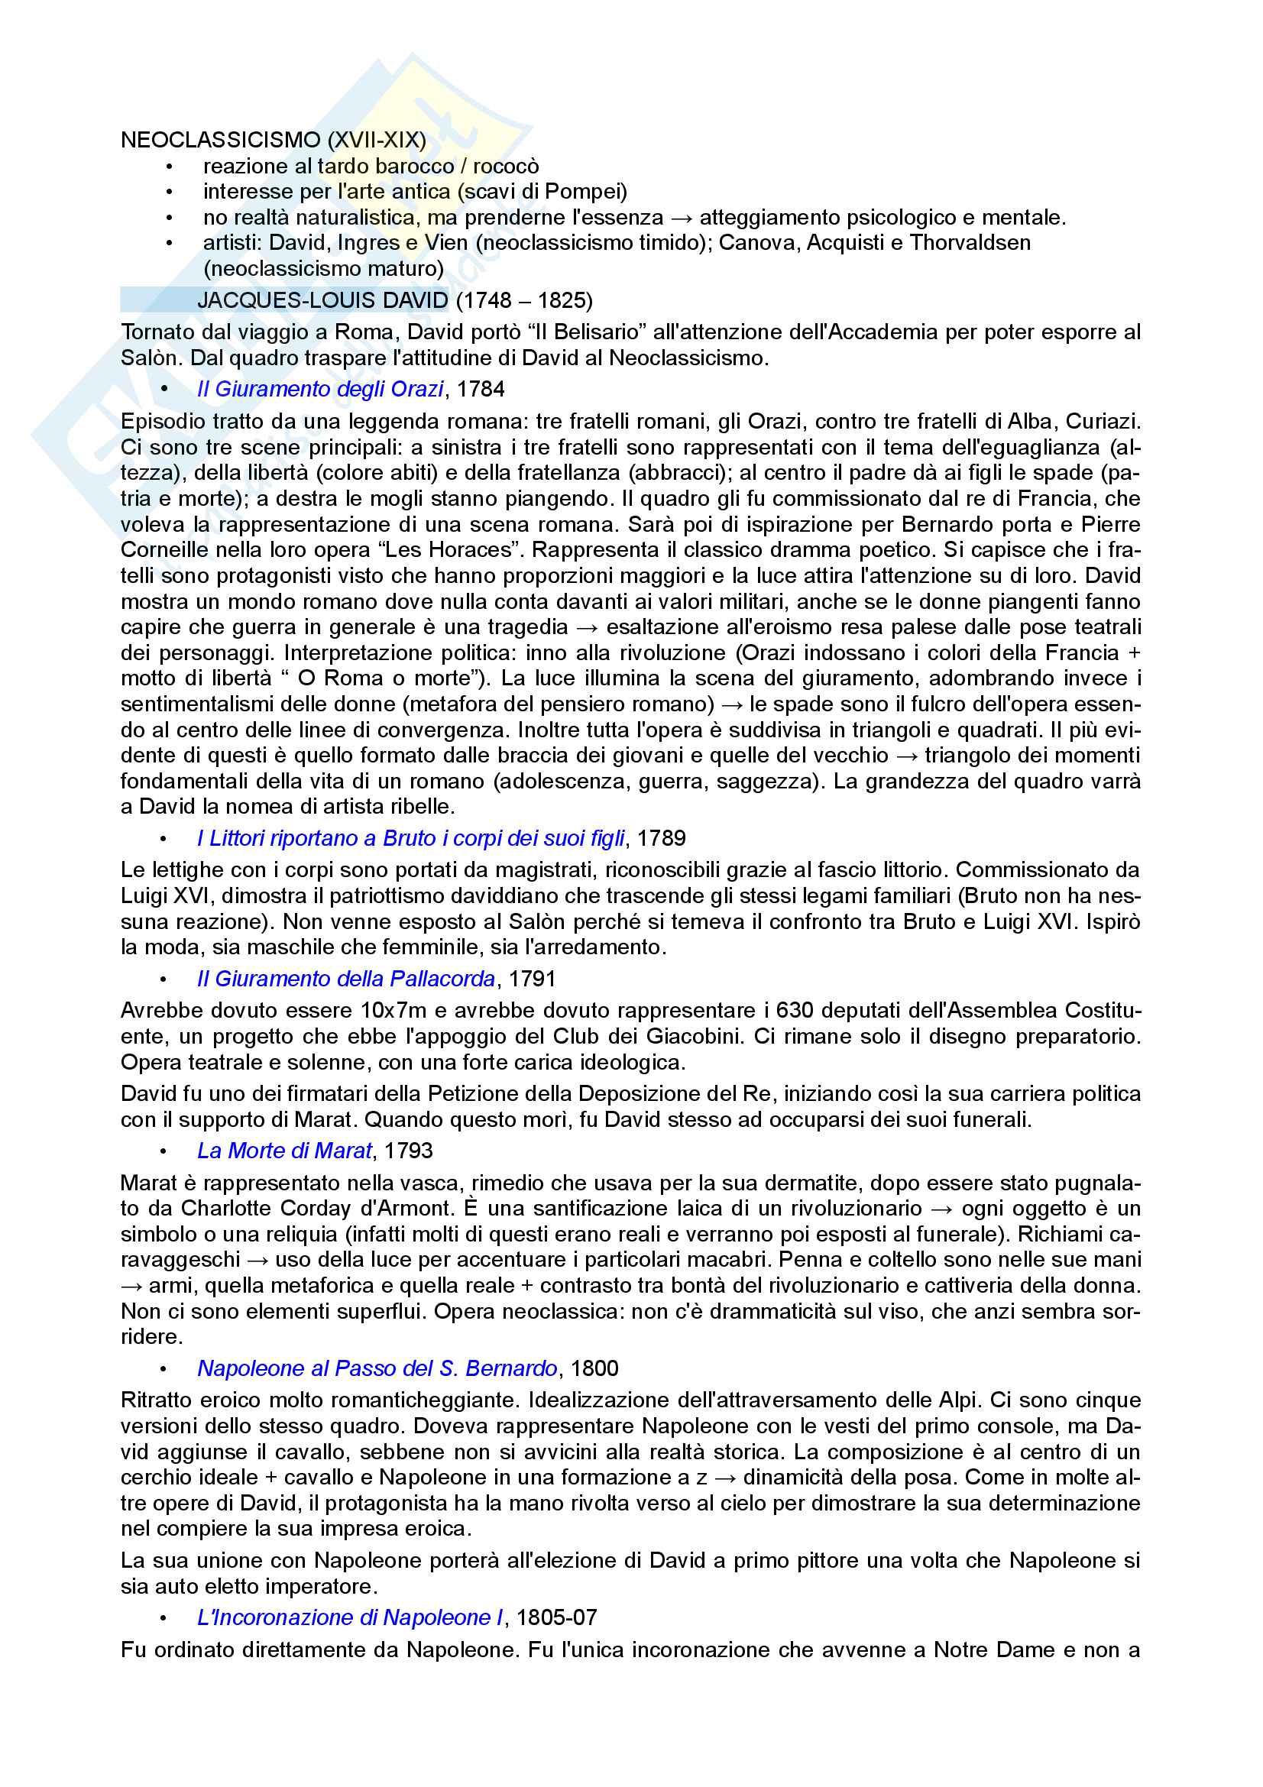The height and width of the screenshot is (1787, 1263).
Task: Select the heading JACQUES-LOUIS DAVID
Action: coord(322,300)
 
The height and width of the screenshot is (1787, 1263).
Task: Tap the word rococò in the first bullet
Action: coord(506,167)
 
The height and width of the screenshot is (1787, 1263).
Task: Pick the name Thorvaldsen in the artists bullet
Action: coord(970,243)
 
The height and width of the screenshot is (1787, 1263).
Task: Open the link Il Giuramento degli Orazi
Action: coord(320,389)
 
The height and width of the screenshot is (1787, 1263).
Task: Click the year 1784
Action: coord(480,389)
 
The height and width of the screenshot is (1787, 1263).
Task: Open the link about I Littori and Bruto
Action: coord(410,838)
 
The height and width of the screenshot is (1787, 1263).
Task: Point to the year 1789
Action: coord(661,838)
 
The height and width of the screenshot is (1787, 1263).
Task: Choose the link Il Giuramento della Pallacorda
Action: coord(345,979)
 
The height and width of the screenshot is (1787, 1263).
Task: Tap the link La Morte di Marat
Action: coord(284,1151)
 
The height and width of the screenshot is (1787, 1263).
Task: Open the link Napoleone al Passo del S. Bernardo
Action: coord(377,1369)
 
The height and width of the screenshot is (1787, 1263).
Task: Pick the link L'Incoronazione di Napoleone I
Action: coord(349,1618)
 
